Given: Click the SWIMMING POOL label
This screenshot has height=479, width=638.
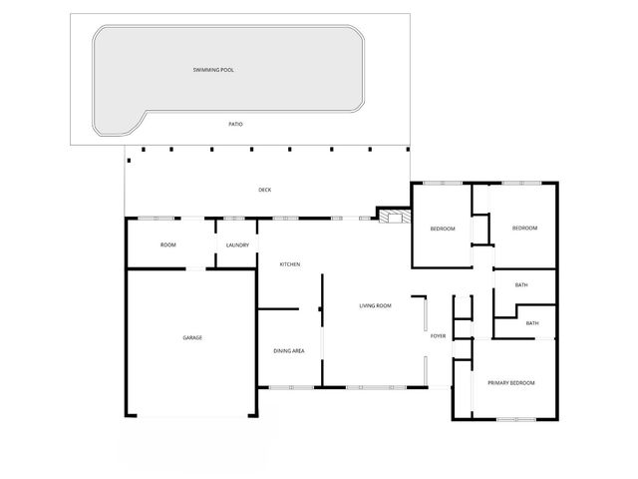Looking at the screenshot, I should coord(219,71).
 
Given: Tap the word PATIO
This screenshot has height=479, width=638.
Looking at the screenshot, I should coord(235,124).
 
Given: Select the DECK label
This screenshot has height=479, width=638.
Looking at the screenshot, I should coord(264,190).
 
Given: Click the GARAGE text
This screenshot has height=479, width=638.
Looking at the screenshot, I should coord(192,337).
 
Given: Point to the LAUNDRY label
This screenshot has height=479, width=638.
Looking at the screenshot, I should coord(237,244).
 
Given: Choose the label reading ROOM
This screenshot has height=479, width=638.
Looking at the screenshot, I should coord(168,244).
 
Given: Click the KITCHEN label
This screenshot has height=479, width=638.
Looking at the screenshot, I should coord(290,264).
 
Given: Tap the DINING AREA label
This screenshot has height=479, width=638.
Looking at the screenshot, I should coord(289,350).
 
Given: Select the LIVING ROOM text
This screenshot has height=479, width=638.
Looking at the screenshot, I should coord(375,305).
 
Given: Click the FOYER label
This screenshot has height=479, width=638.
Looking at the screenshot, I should coord(438,336).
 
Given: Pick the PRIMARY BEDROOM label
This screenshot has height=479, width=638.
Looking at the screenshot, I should coord(510,383).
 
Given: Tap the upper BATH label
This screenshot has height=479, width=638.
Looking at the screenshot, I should coord(521,285).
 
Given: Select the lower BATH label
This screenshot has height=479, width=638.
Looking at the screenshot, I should coord(532,323).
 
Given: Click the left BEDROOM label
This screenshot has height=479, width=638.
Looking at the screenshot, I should coord(443,229).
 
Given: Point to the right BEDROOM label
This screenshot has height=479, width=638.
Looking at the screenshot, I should coord(524,229).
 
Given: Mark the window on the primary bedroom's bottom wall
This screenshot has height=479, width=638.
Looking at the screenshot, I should coord(516,419).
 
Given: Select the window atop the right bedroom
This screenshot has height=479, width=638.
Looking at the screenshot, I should coord(521,183).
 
